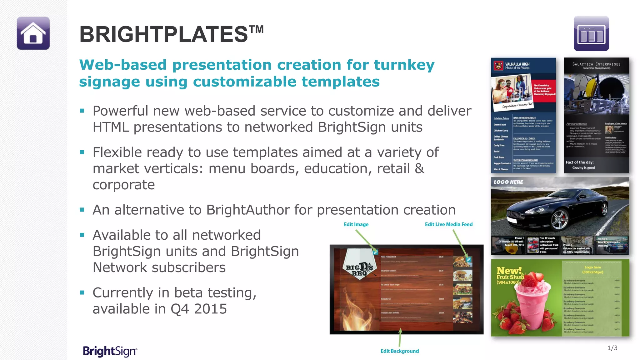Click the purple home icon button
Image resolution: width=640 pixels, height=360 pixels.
click(33, 33)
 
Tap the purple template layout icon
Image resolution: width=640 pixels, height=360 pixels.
click(591, 33)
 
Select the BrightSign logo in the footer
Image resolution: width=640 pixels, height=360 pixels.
click(110, 351)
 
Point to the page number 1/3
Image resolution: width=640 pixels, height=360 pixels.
click(612, 348)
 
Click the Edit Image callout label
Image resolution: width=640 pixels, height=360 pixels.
click(356, 224)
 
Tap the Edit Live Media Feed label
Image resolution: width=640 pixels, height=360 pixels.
click(448, 224)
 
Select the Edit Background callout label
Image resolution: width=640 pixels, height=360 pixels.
click(399, 351)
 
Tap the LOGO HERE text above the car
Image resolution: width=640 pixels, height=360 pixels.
click(508, 182)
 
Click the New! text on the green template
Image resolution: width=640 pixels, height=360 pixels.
click(509, 270)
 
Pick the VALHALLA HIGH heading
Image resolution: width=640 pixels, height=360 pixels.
click(517, 64)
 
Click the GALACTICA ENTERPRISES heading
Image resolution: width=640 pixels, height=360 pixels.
click(596, 64)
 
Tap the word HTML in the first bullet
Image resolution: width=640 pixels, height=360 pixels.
click(111, 127)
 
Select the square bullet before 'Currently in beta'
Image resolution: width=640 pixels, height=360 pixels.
click(82, 293)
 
